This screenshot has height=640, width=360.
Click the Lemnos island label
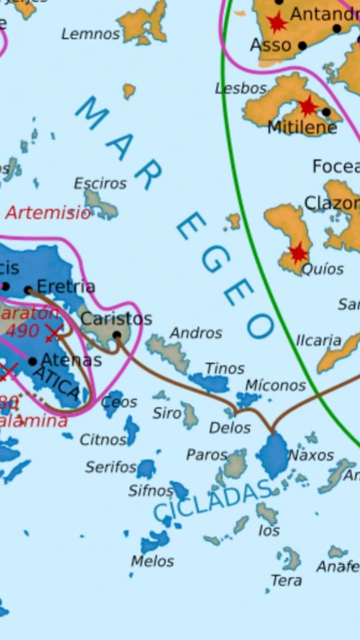click(x=90, y=34)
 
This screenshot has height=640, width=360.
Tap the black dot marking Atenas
click(x=32, y=361)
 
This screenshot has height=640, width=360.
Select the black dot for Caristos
click(x=117, y=335)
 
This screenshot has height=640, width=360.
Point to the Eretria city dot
click(x=28, y=290)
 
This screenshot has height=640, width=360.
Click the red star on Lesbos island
click(x=307, y=106)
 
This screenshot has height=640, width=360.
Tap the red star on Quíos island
click(x=298, y=253)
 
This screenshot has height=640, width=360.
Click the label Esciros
click(x=100, y=183)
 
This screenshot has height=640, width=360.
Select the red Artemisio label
click(x=48, y=213)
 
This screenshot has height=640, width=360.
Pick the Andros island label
click(x=196, y=332)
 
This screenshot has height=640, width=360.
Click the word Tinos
click(x=224, y=368)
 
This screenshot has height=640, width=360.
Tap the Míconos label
click(x=275, y=385)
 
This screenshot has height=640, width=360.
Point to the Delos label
click(x=230, y=428)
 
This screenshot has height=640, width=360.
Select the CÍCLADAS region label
click(x=212, y=500)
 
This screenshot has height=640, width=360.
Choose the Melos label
click(x=152, y=561)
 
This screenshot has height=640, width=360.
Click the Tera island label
click(x=286, y=580)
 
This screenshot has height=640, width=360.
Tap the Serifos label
click(x=110, y=467)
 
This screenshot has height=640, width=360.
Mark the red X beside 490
click(x=54, y=332)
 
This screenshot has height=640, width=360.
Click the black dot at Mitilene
click(x=326, y=112)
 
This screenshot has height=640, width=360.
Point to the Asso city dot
click(x=302, y=46)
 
